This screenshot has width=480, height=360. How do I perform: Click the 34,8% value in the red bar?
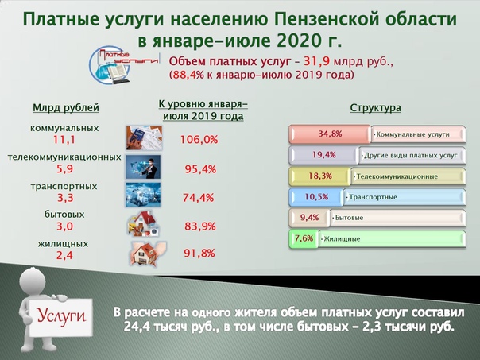click(330, 134)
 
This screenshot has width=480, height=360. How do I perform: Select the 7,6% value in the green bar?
click(304, 238)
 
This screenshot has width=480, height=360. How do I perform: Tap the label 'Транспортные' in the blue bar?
click(373, 197)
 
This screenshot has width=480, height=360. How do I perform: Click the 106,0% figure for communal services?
click(199, 140)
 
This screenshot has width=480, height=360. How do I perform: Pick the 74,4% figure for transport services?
click(199, 198)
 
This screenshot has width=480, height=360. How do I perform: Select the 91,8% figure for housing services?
click(199, 254)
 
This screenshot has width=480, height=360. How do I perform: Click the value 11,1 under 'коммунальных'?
click(64, 140)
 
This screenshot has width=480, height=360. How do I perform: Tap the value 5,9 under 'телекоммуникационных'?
click(64, 168)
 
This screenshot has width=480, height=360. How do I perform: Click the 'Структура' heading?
click(375, 108)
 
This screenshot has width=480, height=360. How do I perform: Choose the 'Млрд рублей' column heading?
click(66, 108)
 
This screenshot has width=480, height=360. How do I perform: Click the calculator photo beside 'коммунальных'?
click(144, 137)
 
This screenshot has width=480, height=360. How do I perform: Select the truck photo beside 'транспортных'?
click(143, 195)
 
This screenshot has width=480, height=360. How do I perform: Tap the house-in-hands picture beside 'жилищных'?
click(148, 254)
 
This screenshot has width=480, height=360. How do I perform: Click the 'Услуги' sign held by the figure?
click(61, 316)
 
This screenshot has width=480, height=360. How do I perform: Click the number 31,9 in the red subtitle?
click(316, 61)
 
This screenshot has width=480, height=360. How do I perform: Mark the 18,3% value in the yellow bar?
click(320, 176)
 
